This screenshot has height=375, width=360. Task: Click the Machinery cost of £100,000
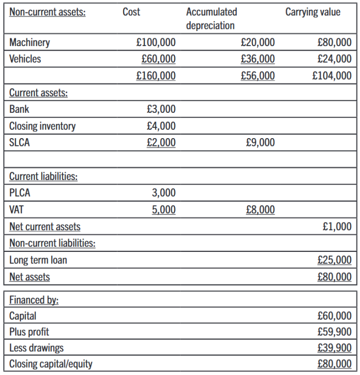coord(156,42)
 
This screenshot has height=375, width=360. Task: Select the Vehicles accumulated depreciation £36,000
coord(258,59)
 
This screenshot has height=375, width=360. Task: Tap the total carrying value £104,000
coord(332,76)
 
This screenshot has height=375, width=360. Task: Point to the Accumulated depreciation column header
coord(211,19)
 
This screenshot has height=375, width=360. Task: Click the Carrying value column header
coord(313,12)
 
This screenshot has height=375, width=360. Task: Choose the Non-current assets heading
coord(48,12)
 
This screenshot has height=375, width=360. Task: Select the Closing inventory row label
coord(42,126)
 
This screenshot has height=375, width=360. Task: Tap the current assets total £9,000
coord(261,143)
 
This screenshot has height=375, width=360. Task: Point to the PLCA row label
coord(20,193)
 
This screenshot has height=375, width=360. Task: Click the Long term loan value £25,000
coord(334,260)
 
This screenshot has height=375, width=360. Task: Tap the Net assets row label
coord(29,277)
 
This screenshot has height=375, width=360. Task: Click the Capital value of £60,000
coord(334,316)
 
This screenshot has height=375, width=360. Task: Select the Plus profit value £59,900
coord(334,332)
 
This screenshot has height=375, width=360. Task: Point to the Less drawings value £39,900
coord(334,348)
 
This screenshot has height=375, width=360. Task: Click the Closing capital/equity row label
coord(51,364)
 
